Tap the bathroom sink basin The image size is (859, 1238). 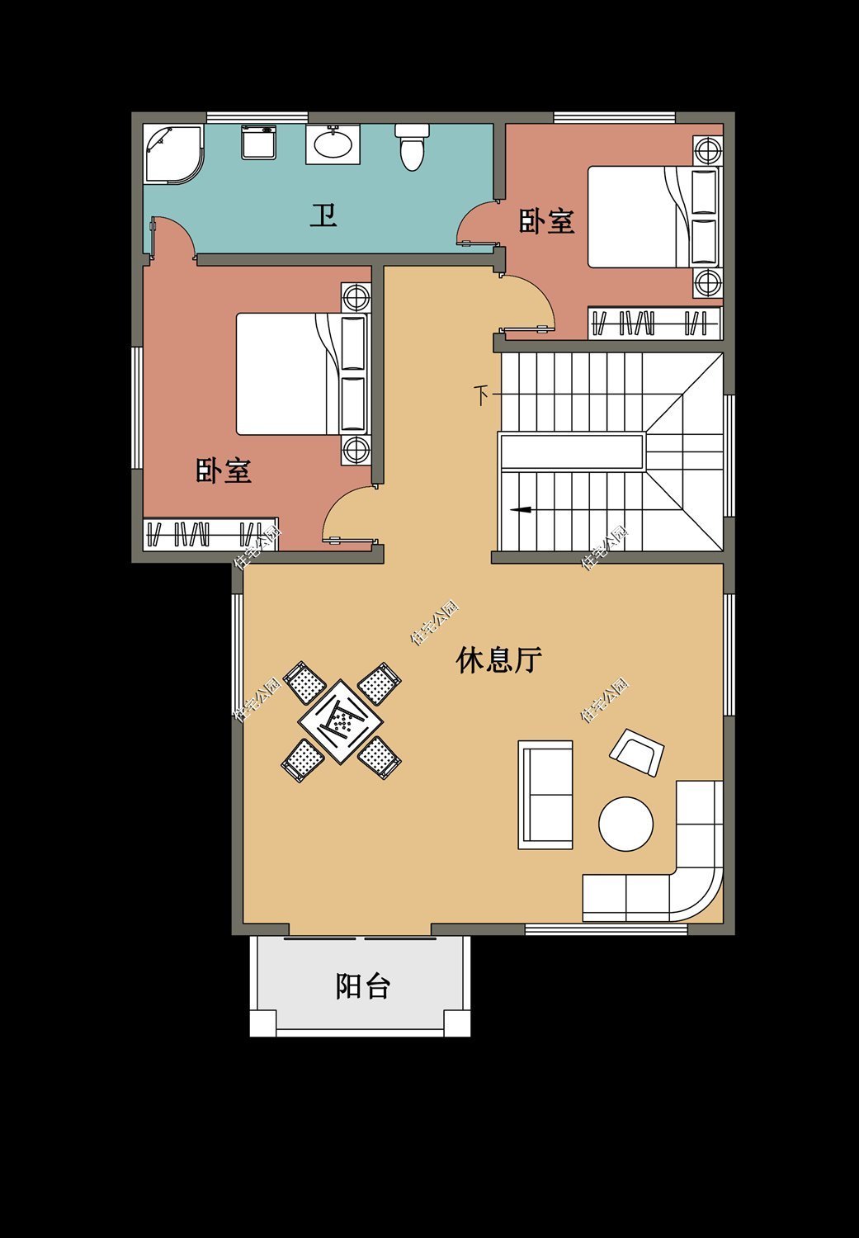[x=333, y=146]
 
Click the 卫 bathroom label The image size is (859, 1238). [x=323, y=216]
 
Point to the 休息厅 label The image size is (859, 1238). [x=498, y=660]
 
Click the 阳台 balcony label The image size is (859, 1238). [x=362, y=986]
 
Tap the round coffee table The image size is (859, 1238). [x=625, y=824]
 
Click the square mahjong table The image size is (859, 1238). [x=341, y=721]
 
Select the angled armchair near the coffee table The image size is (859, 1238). [x=636, y=752]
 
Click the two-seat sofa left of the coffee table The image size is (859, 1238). [x=545, y=795]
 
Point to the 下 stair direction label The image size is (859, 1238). [x=482, y=395]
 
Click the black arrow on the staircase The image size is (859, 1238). [x=521, y=510]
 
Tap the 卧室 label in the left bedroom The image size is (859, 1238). [x=224, y=471]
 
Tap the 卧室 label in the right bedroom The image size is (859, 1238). [x=546, y=221]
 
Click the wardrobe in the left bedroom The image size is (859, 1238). [x=210, y=534]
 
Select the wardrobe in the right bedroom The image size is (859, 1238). [x=654, y=323]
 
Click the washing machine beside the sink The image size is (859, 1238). [x=259, y=142]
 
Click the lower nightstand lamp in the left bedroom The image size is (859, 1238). [x=356, y=450]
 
